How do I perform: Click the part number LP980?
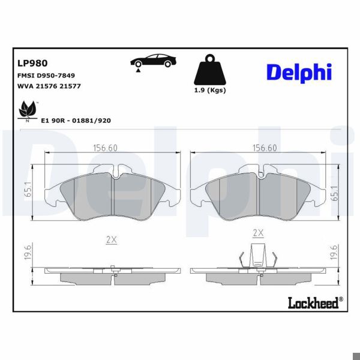pyautogui.click(x=33, y=62)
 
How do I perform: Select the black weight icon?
pyautogui.click(x=208, y=71)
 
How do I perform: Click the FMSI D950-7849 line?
pyautogui.click(x=46, y=76)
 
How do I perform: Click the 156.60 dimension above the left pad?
pyautogui.click(x=106, y=148)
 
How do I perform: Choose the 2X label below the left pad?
pyautogui.click(x=111, y=239)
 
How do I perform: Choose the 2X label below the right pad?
pyautogui.click(x=258, y=232)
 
